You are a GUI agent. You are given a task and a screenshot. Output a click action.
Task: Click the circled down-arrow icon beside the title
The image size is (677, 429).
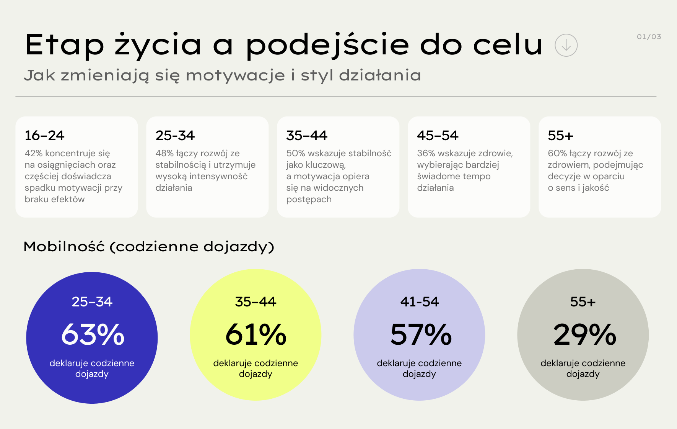(566, 45)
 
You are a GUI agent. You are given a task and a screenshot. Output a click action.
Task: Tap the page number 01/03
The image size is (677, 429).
(649, 37)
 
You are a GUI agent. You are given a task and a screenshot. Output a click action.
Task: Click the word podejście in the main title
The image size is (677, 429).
(327, 45)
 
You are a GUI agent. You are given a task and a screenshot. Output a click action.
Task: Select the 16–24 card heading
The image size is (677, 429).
(44, 136)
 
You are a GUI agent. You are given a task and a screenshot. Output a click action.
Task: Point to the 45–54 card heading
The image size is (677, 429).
(437, 136)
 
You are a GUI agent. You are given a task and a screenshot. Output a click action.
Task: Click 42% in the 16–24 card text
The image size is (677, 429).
(33, 154)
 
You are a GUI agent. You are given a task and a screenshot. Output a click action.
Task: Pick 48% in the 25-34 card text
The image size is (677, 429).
(164, 154)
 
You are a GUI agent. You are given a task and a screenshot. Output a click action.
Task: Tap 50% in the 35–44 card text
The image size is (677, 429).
(296, 154)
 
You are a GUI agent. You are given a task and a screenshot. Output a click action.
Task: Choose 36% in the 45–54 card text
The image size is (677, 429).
(426, 154)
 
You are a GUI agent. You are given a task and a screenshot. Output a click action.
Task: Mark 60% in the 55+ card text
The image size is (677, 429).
(557, 154)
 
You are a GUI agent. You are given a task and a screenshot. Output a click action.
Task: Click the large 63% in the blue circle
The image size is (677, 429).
(93, 334)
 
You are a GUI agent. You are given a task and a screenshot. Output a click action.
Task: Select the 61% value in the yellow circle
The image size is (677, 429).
(256, 334)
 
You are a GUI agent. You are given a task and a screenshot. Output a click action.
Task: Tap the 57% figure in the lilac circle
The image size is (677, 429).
(421, 334)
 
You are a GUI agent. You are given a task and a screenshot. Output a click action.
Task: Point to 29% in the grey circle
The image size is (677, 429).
(584, 334)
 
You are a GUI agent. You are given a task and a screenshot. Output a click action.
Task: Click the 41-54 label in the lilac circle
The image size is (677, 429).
(420, 302)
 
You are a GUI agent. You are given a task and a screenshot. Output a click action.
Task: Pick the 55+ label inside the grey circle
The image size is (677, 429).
(583, 302)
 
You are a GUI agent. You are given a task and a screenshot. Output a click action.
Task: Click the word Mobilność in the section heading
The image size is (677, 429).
(64, 247)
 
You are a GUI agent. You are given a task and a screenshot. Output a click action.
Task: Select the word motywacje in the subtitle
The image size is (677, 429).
(235, 75)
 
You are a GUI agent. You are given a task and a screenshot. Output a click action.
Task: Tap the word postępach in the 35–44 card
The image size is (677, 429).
(309, 200)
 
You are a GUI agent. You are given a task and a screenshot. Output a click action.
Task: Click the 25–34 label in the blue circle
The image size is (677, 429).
(92, 302)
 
